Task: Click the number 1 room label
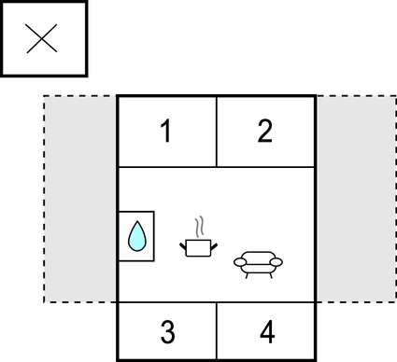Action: [x=165, y=132]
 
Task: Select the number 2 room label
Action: [x=265, y=132]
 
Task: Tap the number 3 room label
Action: [x=166, y=331]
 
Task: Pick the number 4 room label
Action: [x=267, y=331]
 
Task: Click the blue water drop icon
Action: [x=136, y=236]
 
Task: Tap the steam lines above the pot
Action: [x=199, y=227]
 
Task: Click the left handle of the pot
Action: [x=184, y=244]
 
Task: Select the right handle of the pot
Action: [x=215, y=244]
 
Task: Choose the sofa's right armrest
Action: [x=278, y=262]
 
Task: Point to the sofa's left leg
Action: [x=245, y=274]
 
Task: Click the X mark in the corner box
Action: [x=43, y=38]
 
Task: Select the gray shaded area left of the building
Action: [x=80, y=198]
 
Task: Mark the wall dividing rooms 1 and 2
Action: [x=217, y=132]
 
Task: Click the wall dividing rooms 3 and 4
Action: [x=217, y=331]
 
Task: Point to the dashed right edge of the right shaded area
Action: [x=395, y=198]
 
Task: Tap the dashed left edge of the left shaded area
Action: [x=44, y=198]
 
